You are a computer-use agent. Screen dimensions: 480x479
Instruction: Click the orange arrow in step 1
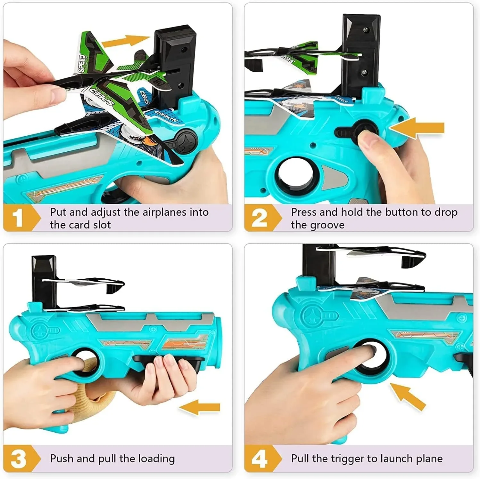[126, 41]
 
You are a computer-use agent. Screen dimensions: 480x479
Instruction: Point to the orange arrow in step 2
[417, 128]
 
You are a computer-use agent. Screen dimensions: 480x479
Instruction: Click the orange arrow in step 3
[199, 407]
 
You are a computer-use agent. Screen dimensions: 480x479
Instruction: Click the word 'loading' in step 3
[157, 459]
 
